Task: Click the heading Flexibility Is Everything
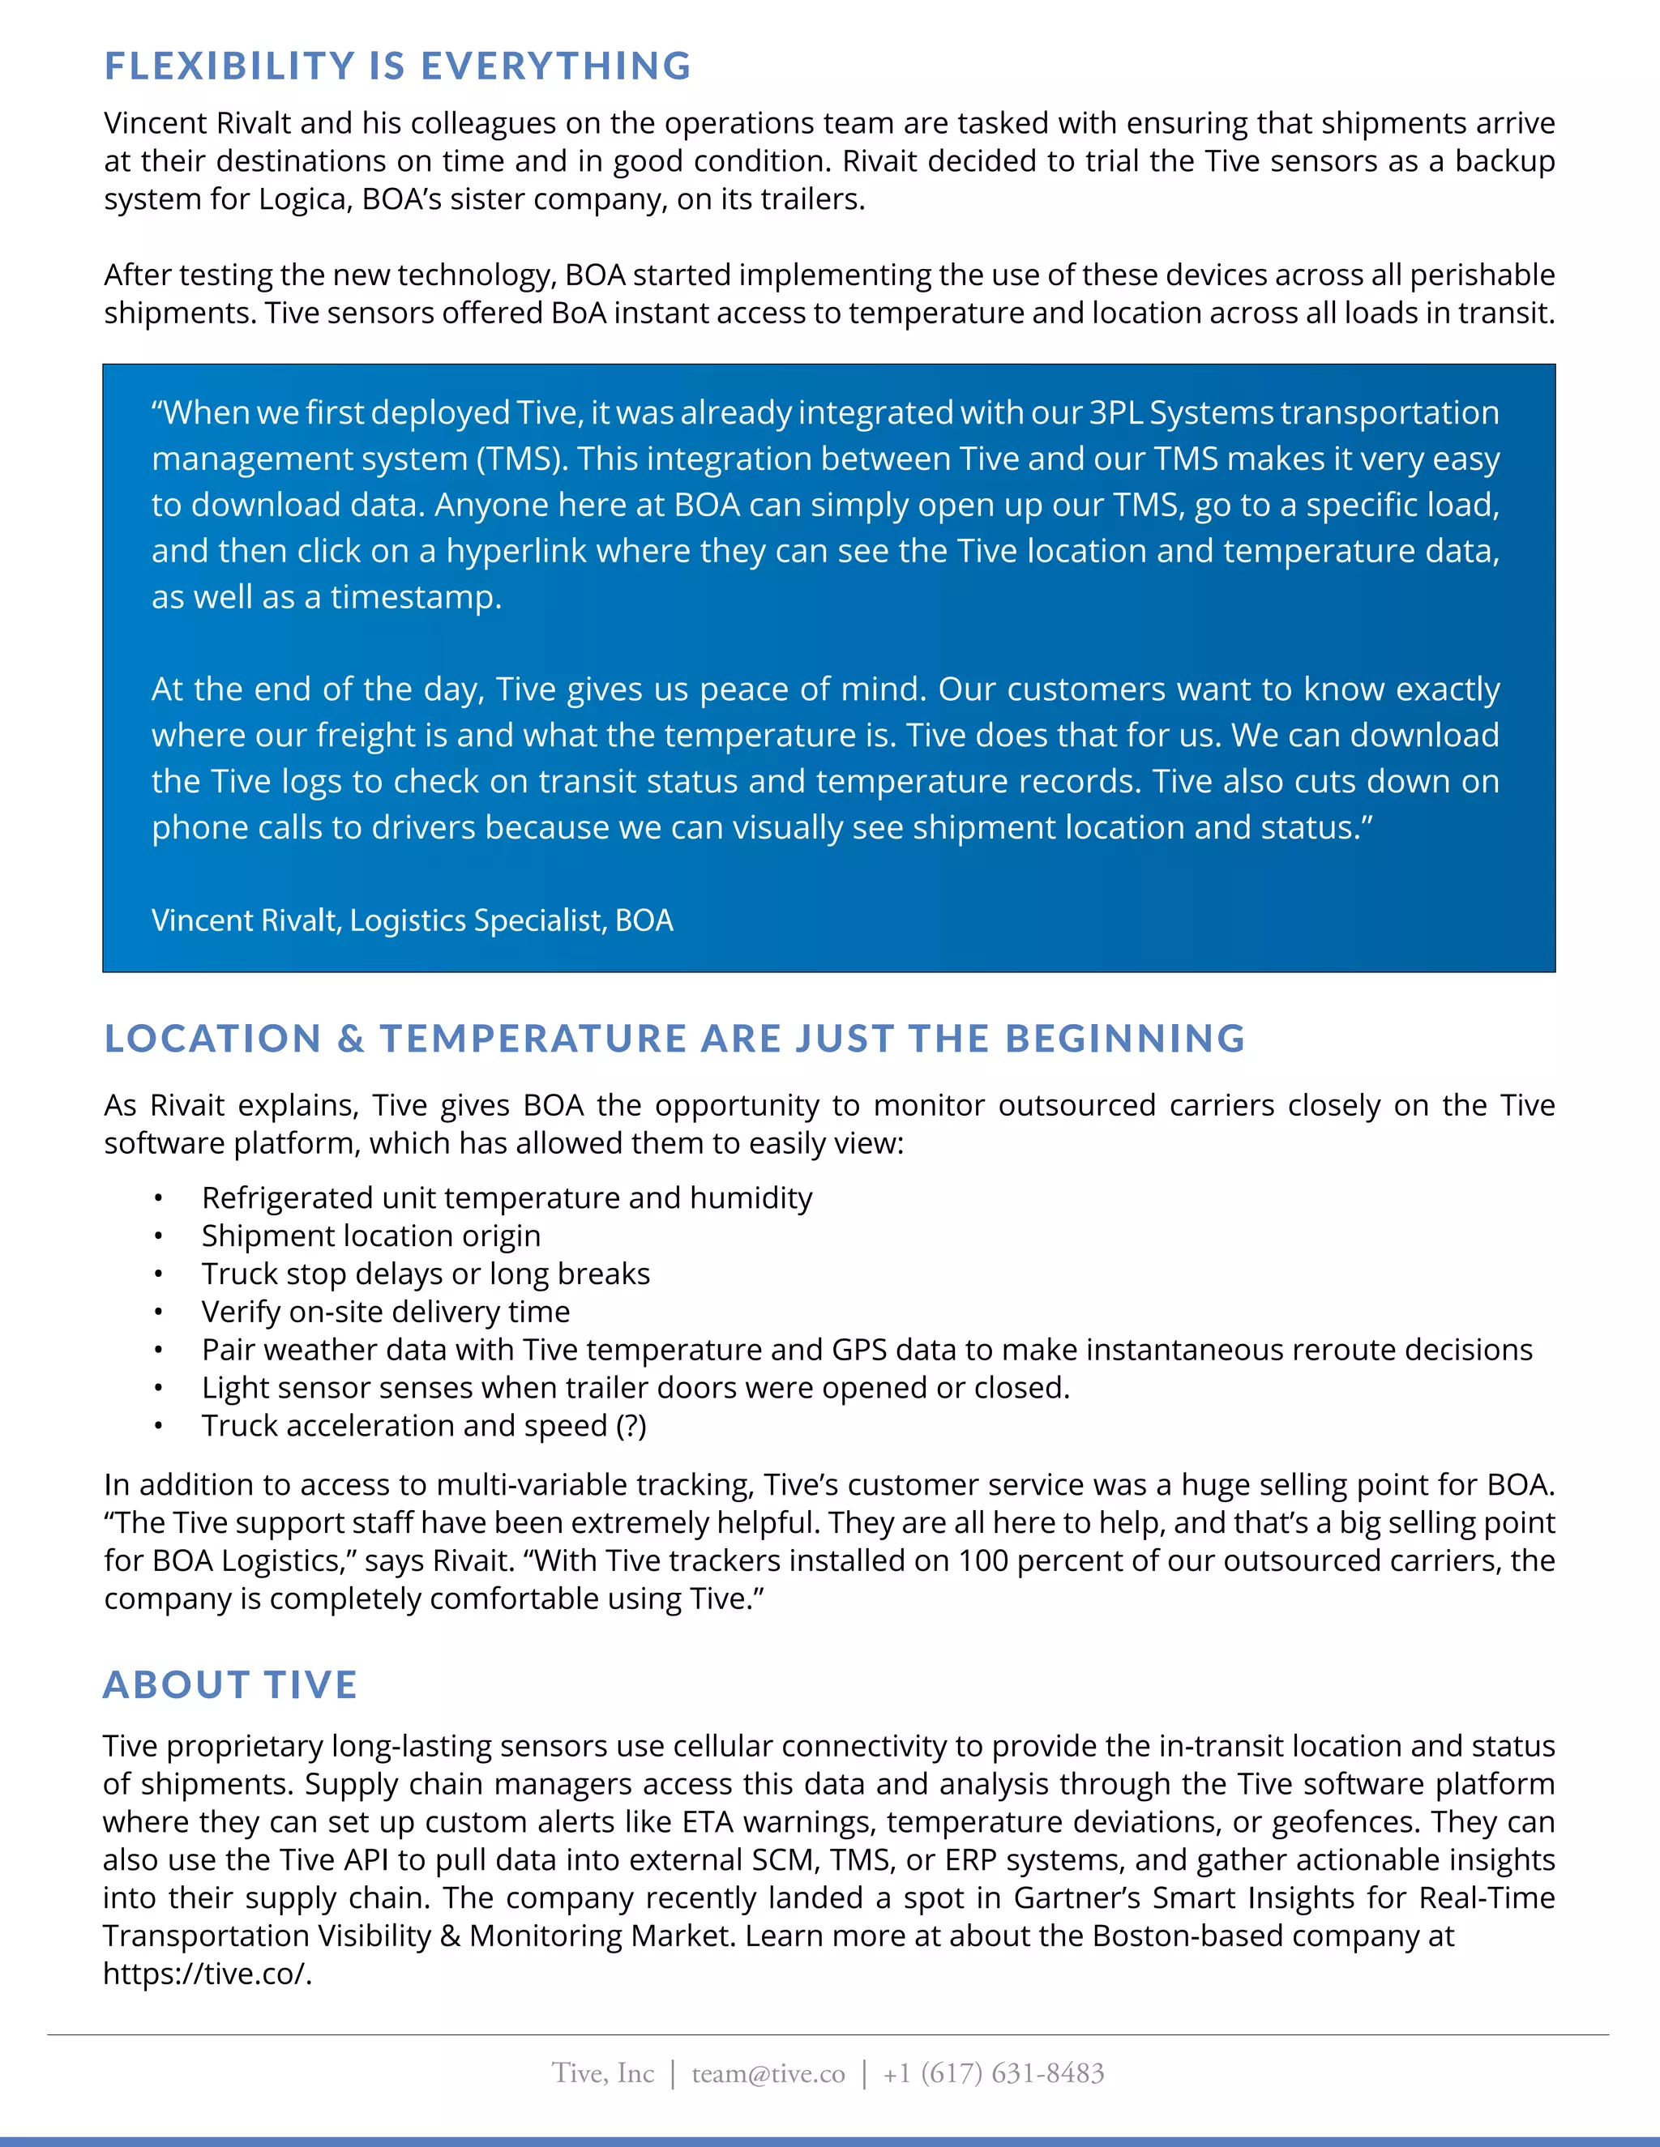[x=397, y=66]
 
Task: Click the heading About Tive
[x=230, y=1685]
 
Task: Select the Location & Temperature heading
[x=674, y=1038]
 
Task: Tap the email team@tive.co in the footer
[x=768, y=2073]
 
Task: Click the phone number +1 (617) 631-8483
[x=993, y=2073]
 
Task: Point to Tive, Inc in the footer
[x=603, y=2073]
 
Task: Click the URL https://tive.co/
[x=207, y=1973]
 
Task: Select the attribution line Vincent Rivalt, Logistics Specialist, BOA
[x=412, y=920]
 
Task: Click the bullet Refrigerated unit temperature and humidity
[x=507, y=1197]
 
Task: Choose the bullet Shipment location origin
[x=370, y=1236]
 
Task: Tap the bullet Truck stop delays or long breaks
[x=425, y=1274]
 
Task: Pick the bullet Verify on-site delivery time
[x=386, y=1312]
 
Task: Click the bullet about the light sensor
[x=635, y=1387]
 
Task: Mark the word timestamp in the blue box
[x=415, y=598]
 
